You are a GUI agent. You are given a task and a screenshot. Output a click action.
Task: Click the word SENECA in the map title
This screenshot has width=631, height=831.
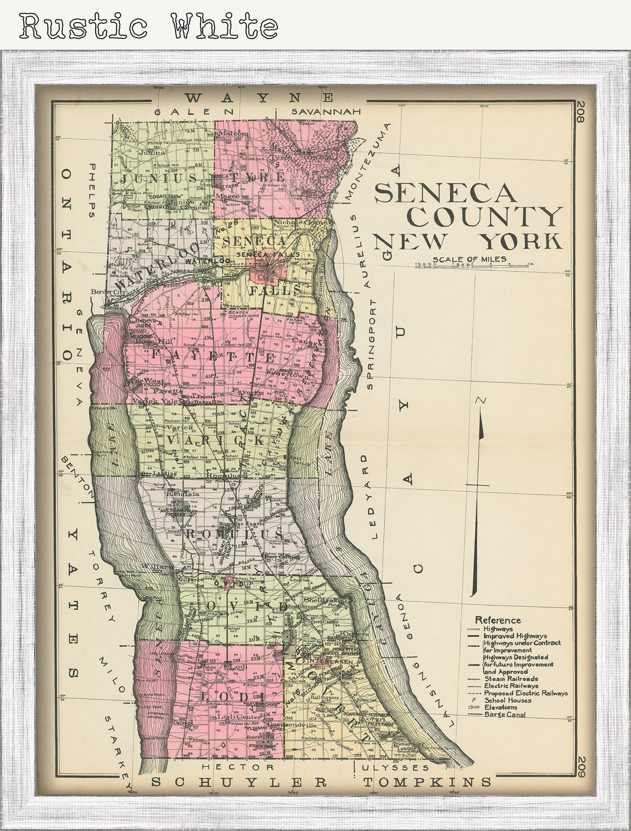click(x=446, y=193)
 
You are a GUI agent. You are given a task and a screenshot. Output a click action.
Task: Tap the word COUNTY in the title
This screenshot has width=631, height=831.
click(x=484, y=217)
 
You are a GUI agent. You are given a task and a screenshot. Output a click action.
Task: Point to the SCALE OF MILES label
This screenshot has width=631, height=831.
click(x=469, y=259)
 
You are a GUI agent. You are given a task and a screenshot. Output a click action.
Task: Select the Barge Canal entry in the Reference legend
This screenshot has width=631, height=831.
click(x=504, y=714)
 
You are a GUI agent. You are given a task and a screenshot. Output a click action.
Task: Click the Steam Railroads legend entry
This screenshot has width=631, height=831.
click(x=510, y=678)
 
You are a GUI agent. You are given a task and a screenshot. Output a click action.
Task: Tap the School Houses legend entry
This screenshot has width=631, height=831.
click(x=508, y=700)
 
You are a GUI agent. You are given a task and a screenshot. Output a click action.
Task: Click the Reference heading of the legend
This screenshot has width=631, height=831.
click(x=498, y=620)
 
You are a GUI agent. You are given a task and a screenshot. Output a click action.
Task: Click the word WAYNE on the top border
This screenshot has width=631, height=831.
click(x=259, y=98)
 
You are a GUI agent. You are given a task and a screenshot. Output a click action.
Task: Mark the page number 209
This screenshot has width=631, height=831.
click(x=581, y=768)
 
